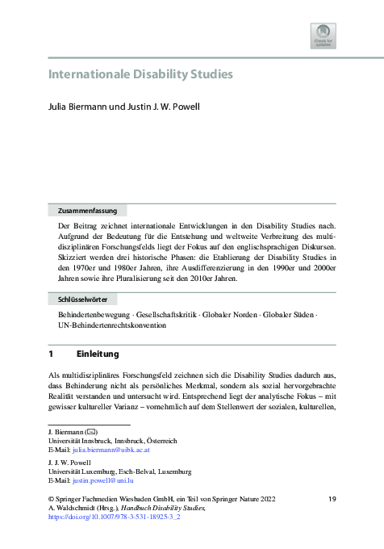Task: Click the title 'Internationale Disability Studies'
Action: pyautogui.click(x=141, y=75)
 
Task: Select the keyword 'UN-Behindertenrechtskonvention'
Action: pyautogui.click(x=112, y=325)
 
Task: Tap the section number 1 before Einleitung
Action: pyautogui.click(x=51, y=354)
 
